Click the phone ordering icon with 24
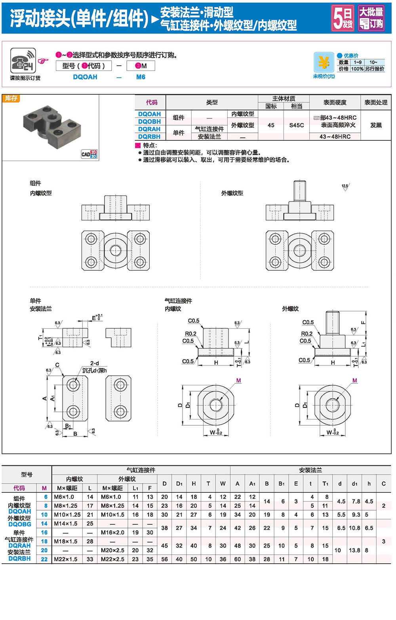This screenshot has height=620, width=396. (x=23, y=61)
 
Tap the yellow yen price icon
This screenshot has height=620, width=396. (x=324, y=63)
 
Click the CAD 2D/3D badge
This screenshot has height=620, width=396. (x=89, y=154)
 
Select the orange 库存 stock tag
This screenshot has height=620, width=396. (x=11, y=98)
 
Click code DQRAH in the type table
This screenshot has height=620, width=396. (x=149, y=129)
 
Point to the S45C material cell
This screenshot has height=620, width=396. (x=296, y=125)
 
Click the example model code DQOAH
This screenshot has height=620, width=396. (x=85, y=77)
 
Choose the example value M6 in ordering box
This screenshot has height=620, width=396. (x=141, y=77)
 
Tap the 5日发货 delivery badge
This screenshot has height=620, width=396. (x=342, y=18)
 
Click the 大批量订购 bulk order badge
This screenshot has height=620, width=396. (x=371, y=18)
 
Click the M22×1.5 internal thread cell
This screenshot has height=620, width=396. (x=65, y=559)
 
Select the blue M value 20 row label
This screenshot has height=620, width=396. (x=44, y=550)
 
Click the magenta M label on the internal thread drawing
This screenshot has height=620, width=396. (x=238, y=381)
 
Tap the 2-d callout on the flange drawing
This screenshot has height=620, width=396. (x=94, y=363)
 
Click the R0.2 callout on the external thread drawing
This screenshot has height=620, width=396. (x=307, y=334)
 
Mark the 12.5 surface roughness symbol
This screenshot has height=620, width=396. (x=345, y=187)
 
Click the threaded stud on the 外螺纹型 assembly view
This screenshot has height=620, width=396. (x=299, y=191)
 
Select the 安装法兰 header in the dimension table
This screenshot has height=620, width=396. (x=310, y=470)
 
